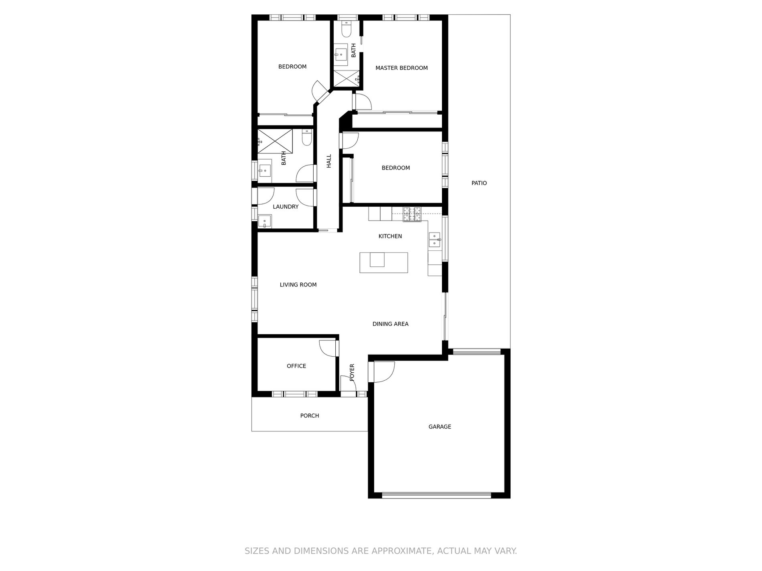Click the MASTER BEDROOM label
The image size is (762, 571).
click(x=401, y=68)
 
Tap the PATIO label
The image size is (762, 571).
click(x=479, y=183)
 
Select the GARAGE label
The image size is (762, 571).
click(x=440, y=427)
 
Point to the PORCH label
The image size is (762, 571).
click(x=310, y=416)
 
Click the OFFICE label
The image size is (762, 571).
click(x=296, y=366)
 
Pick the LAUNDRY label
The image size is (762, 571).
click(x=286, y=207)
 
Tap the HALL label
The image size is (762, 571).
click(x=329, y=161)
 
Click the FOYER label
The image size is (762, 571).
click(x=352, y=372)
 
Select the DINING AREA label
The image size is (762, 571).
click(x=390, y=324)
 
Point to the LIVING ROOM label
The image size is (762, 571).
click(x=298, y=285)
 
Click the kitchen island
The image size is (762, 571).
click(x=384, y=262)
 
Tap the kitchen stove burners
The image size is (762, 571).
click(x=412, y=214)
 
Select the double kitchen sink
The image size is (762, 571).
click(x=434, y=240)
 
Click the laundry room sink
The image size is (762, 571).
click(x=265, y=221)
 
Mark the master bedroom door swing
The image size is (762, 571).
click(x=363, y=101)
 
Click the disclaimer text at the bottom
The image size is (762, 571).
click(x=381, y=551)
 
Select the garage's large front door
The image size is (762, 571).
click(x=436, y=495)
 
